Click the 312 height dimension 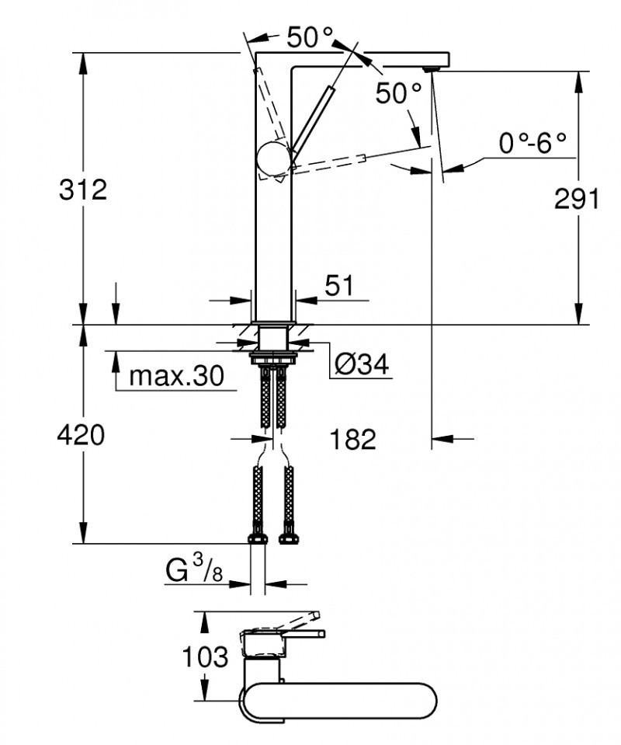[x=83, y=189]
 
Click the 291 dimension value [x=576, y=199]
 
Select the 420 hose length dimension [x=81, y=436]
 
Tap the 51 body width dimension [x=338, y=286]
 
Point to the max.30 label [x=176, y=377]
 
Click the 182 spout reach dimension [x=352, y=439]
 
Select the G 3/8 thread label [x=194, y=573]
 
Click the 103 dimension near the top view [x=206, y=656]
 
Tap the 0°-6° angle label [x=533, y=143]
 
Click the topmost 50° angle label [x=310, y=37]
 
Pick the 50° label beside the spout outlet [x=398, y=94]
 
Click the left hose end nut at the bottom [x=257, y=539]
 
